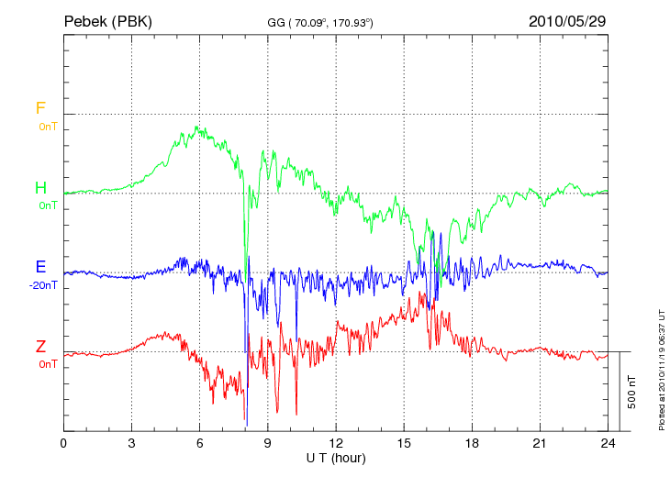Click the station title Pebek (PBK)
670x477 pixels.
(107, 20)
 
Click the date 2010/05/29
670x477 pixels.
(566, 20)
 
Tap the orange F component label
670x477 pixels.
(40, 108)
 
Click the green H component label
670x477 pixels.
(40, 188)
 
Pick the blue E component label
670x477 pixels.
(40, 267)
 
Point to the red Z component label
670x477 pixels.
(40, 347)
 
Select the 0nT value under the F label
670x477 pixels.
(48, 126)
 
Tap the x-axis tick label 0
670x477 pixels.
(63, 443)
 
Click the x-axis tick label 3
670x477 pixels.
(131, 443)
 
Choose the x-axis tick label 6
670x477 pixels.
(199, 443)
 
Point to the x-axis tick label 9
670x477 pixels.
(267, 443)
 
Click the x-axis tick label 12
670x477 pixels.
(335, 443)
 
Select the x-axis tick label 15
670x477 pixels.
(403, 443)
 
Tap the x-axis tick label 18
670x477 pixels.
(471, 443)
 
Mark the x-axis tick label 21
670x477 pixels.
(539, 443)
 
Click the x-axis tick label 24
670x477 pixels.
(607, 443)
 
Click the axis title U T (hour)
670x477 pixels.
(335, 458)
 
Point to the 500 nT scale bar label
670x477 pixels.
(631, 392)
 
